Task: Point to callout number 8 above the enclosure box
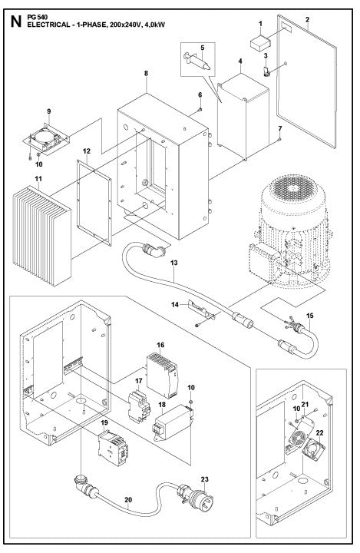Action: click(x=145, y=74)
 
